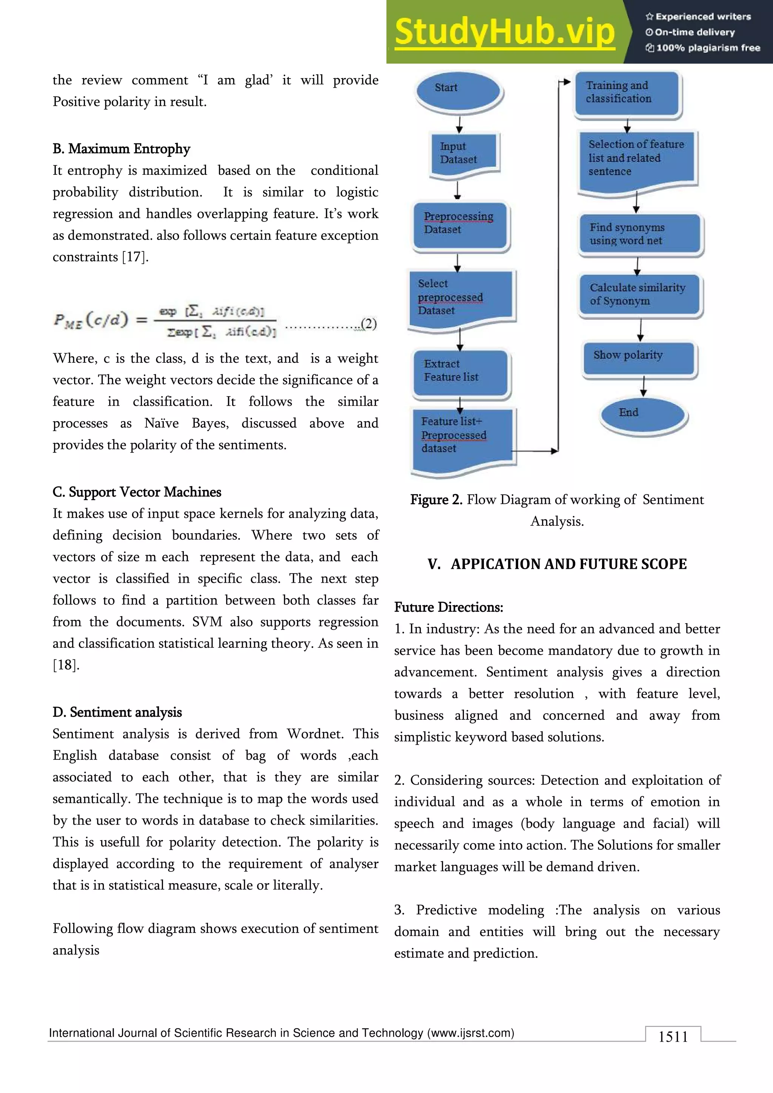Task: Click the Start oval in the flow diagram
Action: pos(458,91)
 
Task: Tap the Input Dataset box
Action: pos(463,153)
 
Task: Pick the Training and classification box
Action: pos(627,93)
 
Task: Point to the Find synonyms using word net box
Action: pos(639,234)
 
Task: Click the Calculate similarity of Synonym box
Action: pos(639,295)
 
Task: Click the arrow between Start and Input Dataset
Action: pos(459,124)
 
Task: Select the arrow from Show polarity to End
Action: pos(644,386)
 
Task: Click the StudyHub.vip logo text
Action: pos(505,32)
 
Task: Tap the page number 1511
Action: pos(673,1036)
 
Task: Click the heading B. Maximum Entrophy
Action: pos(122,149)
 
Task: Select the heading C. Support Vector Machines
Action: pos(137,492)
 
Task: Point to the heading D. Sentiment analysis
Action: pos(117,712)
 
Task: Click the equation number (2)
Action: pos(368,324)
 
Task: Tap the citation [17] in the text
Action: pos(135,257)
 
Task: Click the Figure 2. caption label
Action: pos(436,499)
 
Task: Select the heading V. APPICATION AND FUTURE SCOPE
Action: pos(557,564)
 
